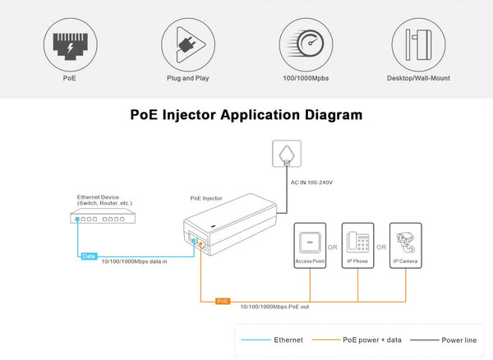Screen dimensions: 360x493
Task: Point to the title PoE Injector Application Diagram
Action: click(246, 116)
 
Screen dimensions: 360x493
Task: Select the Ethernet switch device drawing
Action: click(104, 218)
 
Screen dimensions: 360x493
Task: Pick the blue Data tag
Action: click(89, 256)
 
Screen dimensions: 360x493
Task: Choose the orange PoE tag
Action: click(223, 302)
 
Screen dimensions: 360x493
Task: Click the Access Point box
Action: click(310, 245)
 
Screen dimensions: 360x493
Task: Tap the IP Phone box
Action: click(357, 245)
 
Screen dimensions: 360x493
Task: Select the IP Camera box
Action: click(406, 245)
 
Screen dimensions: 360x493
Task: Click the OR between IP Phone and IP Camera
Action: click(381, 247)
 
